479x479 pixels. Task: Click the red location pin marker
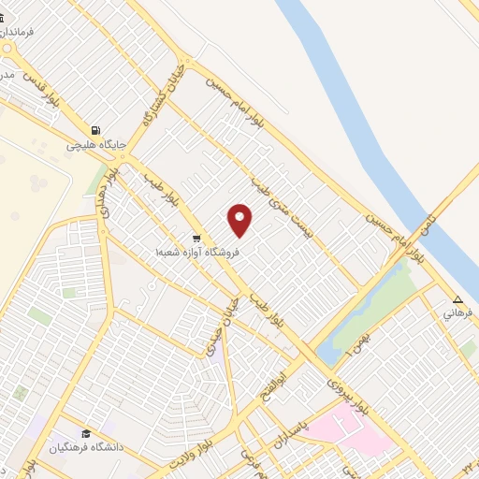tap(240, 220)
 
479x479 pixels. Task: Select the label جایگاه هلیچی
tap(90, 145)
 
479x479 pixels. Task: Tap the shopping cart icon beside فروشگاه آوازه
tap(196, 238)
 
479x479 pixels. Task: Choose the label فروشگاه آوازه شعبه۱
tap(198, 252)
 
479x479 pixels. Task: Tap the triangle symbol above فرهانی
tap(457, 300)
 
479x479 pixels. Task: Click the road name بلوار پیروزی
tap(349, 394)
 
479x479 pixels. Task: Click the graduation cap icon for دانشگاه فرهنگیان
tap(87, 434)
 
